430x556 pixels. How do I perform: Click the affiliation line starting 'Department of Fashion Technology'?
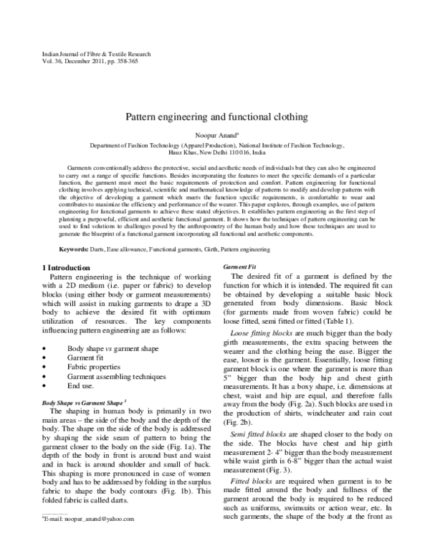[216, 145]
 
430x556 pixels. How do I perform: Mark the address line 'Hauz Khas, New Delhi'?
[216, 153]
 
